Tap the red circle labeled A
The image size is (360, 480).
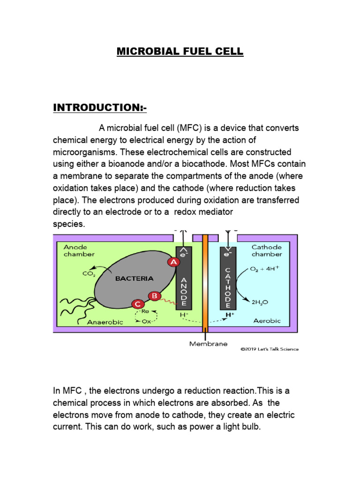click(x=174, y=262)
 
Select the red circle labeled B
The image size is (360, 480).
click(x=153, y=296)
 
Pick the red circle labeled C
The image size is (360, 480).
click(x=137, y=305)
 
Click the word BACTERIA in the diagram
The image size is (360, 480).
click(x=134, y=278)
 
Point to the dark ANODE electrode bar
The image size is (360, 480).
click(x=183, y=281)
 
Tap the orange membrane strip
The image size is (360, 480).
click(x=205, y=281)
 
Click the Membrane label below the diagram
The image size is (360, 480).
click(x=208, y=344)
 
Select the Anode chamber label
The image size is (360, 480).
click(x=77, y=251)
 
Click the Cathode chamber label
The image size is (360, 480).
click(x=266, y=251)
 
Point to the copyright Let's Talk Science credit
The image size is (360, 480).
click(x=269, y=349)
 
